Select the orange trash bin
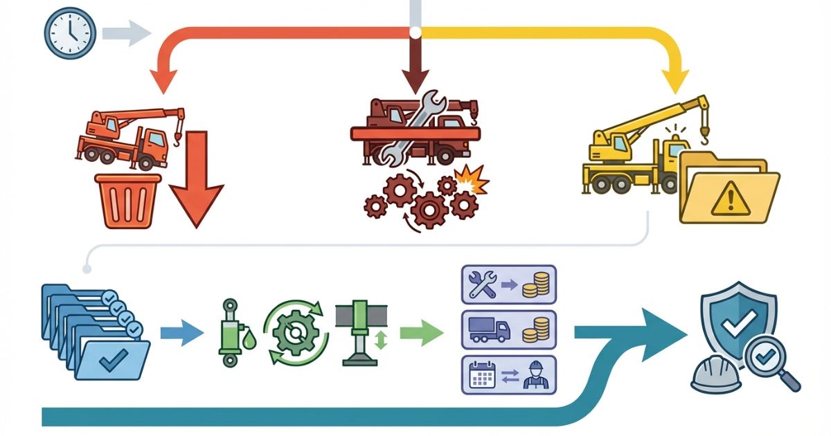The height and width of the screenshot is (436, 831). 128,201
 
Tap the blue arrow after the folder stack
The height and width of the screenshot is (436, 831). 181,334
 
